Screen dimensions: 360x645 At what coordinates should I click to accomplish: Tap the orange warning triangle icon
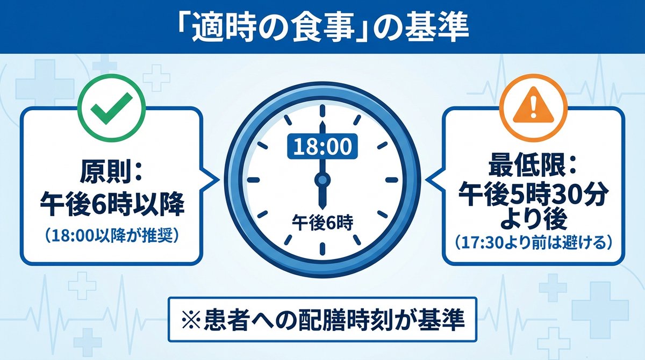click(x=533, y=99)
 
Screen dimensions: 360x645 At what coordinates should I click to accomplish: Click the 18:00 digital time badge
click(x=322, y=146)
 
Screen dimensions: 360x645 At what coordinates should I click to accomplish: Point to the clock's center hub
click(x=322, y=179)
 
